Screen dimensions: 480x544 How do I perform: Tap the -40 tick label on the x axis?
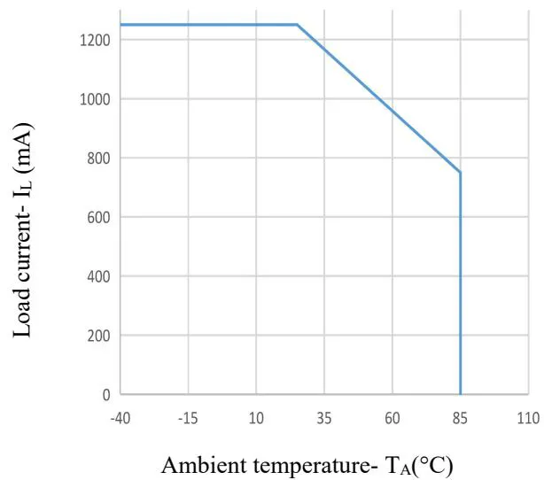(120, 417)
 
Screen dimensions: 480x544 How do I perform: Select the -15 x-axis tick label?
(188, 417)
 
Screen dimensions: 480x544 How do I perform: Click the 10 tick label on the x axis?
(256, 417)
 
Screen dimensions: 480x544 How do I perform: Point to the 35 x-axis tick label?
(324, 417)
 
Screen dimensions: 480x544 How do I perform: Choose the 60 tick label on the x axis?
(392, 417)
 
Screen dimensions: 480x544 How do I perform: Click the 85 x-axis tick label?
(461, 417)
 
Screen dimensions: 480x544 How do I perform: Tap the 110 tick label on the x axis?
(528, 417)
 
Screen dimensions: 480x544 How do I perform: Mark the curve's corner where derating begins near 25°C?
(297, 25)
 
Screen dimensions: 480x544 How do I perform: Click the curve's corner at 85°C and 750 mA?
(461, 173)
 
